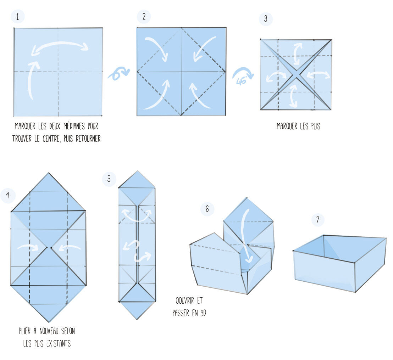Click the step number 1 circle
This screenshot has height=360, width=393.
click(18, 17)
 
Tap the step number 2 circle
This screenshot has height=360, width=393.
click(144, 17)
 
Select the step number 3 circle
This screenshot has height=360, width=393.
click(266, 19)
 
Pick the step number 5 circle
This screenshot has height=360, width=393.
click(109, 179)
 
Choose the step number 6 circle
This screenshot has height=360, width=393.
click(207, 209)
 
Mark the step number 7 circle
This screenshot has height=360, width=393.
click(318, 220)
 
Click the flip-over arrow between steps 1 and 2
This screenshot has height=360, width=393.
click(118, 74)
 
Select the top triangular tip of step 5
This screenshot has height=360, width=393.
click(137, 179)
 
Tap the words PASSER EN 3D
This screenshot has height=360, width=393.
click(189, 313)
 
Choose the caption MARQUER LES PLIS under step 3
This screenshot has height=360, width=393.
click(298, 126)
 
